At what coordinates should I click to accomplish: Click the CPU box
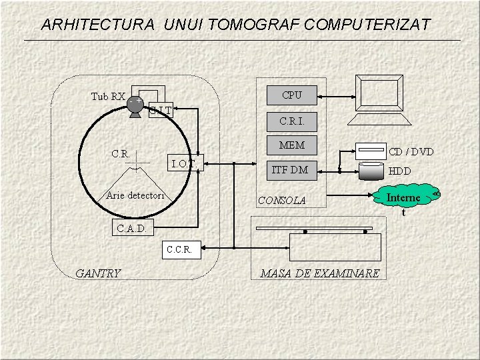pos(291,95)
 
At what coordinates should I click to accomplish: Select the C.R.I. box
pos(291,121)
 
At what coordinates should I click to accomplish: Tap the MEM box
pos(291,145)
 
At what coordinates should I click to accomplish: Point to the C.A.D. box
pos(133,229)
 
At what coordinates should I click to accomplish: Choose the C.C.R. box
pos(179,250)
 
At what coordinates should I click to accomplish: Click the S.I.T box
pos(161,111)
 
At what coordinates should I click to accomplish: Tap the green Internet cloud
pos(403,198)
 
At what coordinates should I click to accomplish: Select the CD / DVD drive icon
pos(371,151)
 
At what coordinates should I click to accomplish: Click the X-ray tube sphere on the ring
pos(135,105)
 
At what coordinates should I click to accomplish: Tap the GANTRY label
pos(98,273)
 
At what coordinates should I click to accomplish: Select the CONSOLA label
pos(281,200)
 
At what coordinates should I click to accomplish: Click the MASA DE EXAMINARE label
pos(319,273)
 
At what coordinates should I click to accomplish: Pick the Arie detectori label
pos(135,195)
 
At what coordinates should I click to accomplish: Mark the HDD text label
pos(400,171)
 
